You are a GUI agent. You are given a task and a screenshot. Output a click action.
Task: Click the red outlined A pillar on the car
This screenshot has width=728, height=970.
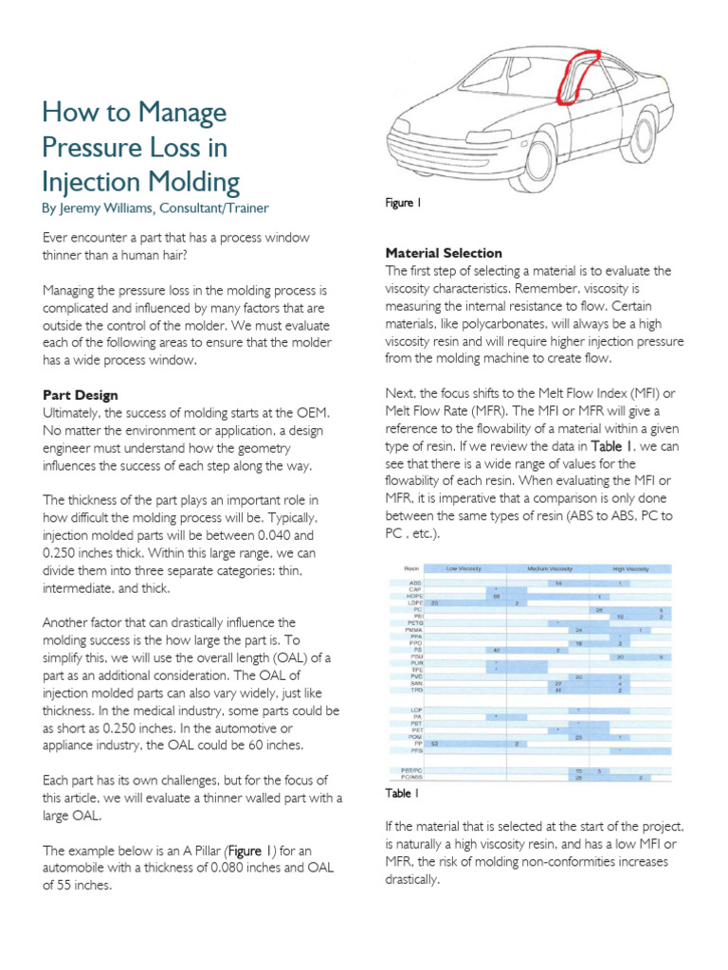point(574,75)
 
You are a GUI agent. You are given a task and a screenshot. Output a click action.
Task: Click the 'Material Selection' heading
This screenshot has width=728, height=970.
point(443,253)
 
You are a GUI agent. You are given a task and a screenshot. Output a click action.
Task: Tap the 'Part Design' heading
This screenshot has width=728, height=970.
point(81,394)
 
